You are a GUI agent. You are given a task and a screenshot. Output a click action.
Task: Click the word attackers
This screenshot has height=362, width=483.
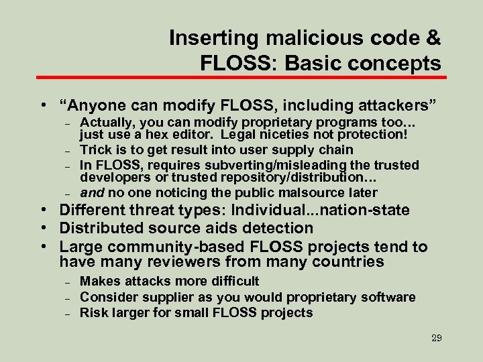pyautogui.click(x=390, y=105)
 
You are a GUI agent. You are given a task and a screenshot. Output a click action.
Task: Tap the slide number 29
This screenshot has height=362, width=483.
pyautogui.click(x=436, y=338)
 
